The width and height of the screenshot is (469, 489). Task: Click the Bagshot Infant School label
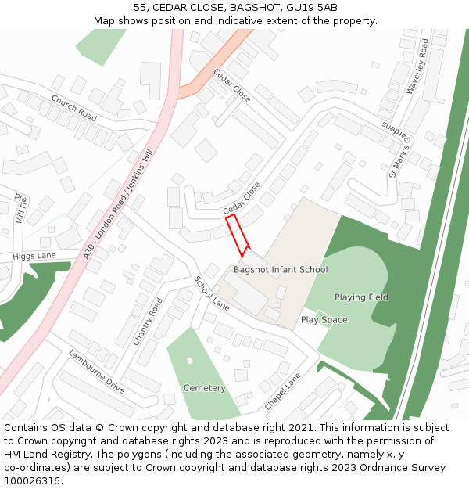pos(281,270)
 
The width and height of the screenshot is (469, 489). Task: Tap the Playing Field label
pos(361,297)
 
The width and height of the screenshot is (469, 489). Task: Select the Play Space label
pos(324,320)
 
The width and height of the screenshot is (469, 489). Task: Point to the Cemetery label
pos(204,388)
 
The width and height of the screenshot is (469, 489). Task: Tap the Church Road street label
pos(73,108)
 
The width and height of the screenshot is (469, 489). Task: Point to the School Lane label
pos(211,293)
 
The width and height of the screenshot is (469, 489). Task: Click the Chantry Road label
pos(148,321)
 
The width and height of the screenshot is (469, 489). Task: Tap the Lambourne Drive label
pos(96,371)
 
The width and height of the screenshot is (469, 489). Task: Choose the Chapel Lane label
pos(282,391)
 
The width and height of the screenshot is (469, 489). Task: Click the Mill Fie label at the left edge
pos(22,209)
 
